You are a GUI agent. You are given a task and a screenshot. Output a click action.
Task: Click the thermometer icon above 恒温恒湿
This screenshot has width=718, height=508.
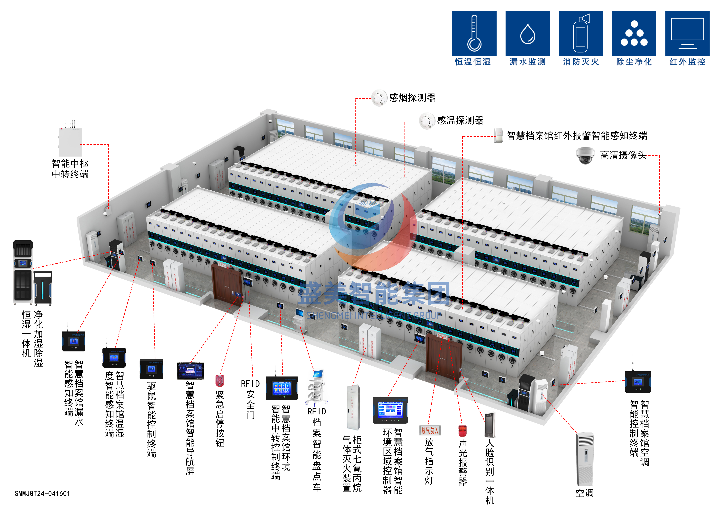474,33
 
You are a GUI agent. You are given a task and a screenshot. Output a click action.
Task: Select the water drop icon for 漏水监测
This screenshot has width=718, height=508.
528,33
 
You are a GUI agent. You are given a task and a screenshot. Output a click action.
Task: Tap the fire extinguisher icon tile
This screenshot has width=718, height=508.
581,33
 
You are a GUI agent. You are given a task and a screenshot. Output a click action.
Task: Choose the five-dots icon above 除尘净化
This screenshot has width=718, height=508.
634,33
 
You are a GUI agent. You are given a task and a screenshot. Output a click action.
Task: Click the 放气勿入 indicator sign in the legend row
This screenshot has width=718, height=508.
430,430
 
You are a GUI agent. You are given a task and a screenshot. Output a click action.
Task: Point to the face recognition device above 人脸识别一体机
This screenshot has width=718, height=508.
490,425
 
